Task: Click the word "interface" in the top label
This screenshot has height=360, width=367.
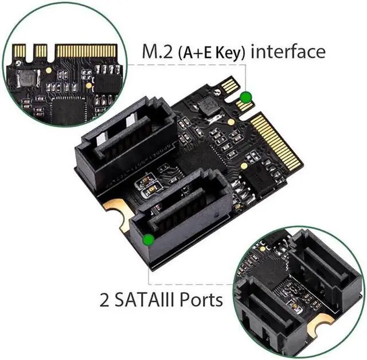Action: tap(288, 52)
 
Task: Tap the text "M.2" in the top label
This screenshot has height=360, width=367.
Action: tap(155, 52)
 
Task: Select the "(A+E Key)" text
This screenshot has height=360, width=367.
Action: tap(212, 53)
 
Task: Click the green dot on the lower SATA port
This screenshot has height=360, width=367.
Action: tap(148, 239)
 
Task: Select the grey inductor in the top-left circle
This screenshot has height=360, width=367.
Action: tap(28, 78)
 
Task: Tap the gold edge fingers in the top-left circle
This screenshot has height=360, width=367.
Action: tap(86, 51)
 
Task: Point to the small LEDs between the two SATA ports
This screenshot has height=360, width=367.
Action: tap(149, 185)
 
